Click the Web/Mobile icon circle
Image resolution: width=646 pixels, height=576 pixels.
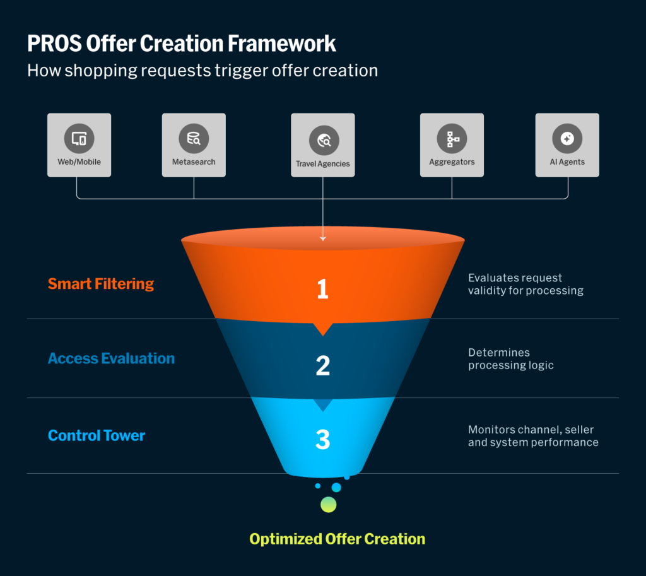(79, 138)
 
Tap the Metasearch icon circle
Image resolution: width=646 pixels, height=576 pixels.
(194, 138)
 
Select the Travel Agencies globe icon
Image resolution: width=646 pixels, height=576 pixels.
(323, 140)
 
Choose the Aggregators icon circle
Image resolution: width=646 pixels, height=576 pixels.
(452, 138)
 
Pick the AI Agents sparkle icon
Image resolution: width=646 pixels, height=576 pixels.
(567, 138)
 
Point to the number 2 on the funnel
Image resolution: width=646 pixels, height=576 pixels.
(322, 365)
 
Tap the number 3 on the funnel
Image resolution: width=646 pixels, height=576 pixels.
(322, 440)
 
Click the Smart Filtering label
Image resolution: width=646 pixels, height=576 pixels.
(101, 283)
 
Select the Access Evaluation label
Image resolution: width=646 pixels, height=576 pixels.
(111, 358)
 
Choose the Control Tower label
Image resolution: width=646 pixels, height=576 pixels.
(97, 435)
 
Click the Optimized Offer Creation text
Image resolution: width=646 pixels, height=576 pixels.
(337, 539)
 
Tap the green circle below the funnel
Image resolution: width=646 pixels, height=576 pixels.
(328, 504)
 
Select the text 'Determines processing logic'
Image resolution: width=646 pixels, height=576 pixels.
(510, 358)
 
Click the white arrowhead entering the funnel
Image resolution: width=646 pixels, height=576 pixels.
(322, 238)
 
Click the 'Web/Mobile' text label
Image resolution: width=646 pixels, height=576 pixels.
(79, 162)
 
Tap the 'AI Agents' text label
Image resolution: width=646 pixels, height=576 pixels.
(567, 162)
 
